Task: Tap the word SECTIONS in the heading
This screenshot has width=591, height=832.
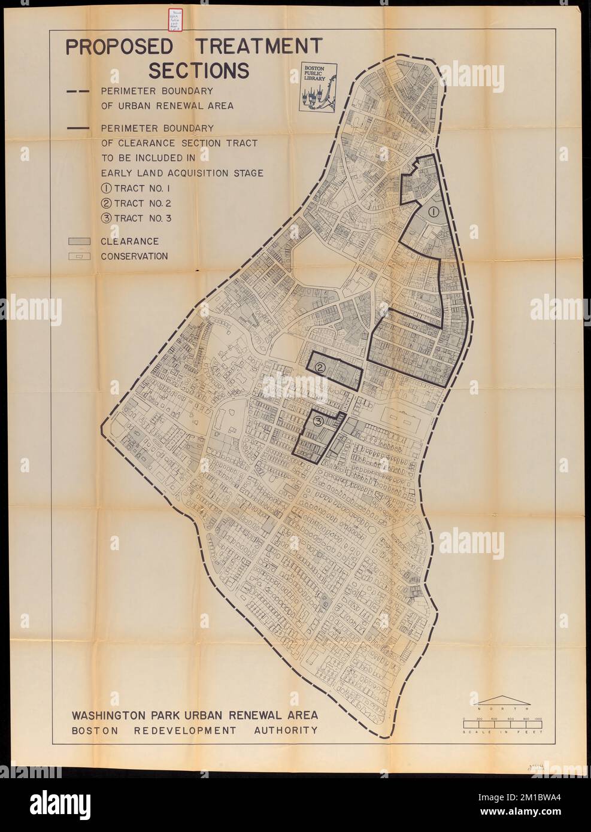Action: pyautogui.click(x=198, y=71)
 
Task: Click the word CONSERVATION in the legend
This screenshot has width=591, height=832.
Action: pyautogui.click(x=134, y=257)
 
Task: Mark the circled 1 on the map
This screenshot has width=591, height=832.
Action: pyautogui.click(x=434, y=211)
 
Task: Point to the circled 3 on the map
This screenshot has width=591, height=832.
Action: pyautogui.click(x=319, y=423)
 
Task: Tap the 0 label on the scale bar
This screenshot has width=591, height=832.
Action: pyautogui.click(x=463, y=718)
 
